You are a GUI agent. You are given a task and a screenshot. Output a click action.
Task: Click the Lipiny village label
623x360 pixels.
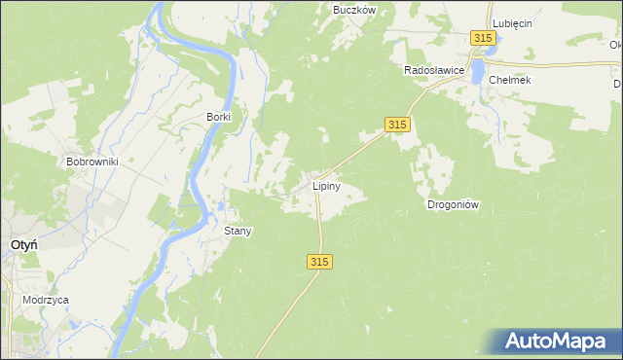tap(326, 185)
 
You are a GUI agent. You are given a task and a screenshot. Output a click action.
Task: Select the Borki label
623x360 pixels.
tap(218, 117)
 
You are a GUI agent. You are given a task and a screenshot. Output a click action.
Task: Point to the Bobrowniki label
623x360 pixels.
tap(92, 162)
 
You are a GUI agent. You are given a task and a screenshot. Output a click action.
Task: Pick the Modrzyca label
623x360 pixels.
tap(46, 301)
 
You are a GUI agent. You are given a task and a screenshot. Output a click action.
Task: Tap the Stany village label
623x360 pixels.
tap(238, 232)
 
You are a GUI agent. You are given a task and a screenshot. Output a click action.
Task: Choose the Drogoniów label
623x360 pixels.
tap(455, 204)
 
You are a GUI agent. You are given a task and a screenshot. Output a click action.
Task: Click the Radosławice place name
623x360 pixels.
tap(434, 71)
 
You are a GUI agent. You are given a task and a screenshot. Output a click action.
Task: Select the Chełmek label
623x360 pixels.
tap(510, 80)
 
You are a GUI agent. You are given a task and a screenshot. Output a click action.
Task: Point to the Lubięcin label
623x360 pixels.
tap(512, 23)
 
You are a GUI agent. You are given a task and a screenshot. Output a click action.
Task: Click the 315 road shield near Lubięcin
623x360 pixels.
tap(484, 37)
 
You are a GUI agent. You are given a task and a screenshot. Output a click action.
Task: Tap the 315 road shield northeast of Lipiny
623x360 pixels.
tap(396, 125)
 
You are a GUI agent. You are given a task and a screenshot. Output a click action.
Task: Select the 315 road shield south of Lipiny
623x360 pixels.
tap(321, 262)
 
